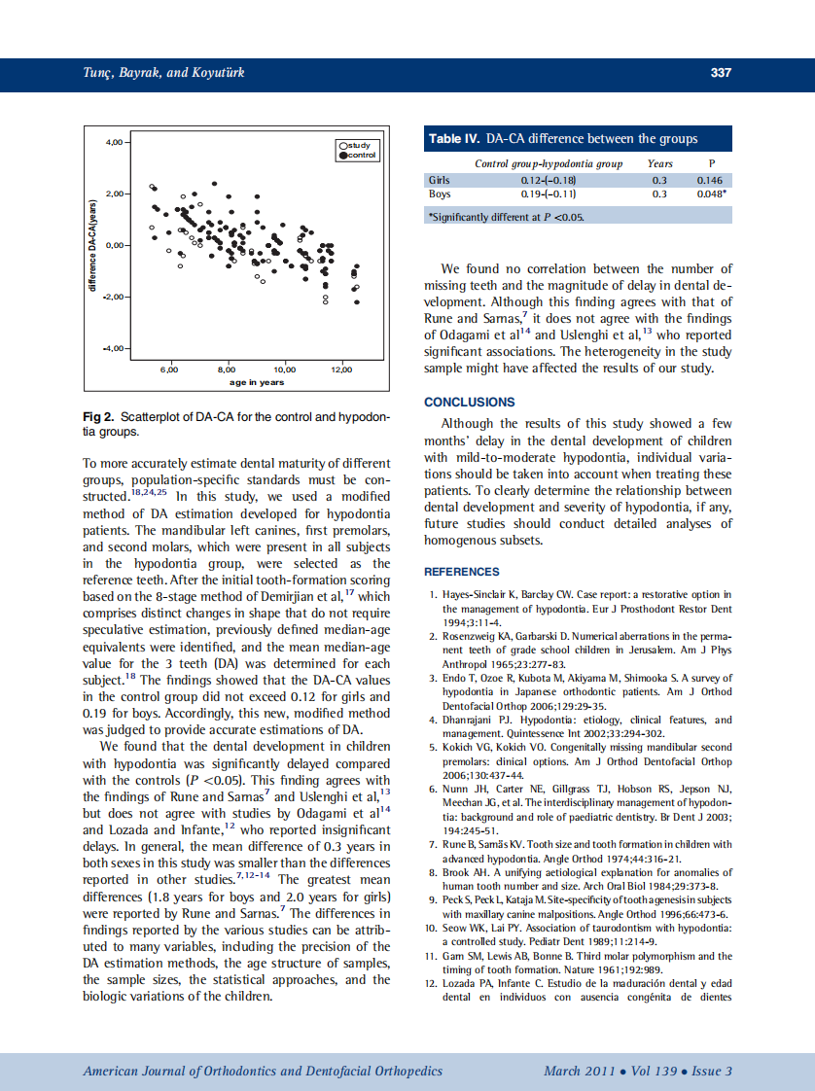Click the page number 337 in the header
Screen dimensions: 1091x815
coord(720,73)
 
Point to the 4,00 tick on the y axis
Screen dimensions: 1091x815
coord(115,142)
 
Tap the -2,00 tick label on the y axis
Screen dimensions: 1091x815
coord(113,297)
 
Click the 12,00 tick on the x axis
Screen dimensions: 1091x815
coord(341,370)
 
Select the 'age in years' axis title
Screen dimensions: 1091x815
coord(257,382)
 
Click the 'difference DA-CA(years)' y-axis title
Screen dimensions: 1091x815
coord(92,245)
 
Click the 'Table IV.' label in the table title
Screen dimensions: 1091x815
coord(455,139)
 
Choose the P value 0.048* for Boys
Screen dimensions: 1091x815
coord(712,194)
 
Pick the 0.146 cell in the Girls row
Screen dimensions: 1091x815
coord(710,180)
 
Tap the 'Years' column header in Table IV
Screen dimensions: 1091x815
coord(659,163)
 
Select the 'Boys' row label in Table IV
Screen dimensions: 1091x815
coord(439,194)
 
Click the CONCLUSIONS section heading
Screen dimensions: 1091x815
coord(470,402)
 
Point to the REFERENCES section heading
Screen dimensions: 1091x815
coord(462,572)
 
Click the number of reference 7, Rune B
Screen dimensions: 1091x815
coord(433,845)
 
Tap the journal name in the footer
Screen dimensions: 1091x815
coord(263,1072)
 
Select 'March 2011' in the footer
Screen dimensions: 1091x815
coord(580,1072)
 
